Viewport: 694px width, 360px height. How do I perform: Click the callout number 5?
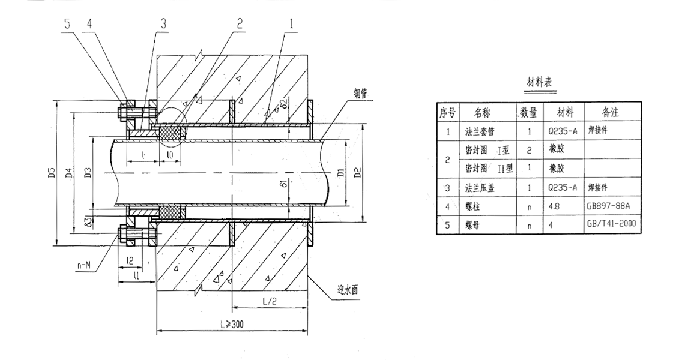pos(68,24)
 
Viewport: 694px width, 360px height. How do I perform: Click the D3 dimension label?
pos(88,173)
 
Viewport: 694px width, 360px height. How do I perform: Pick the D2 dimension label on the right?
pos(358,173)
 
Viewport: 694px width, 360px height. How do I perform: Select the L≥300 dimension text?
pos(231,325)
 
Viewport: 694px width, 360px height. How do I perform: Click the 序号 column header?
pos(448,112)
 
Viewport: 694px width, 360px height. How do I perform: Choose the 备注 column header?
pos(610,112)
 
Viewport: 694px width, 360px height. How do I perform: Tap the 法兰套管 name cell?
pos(482,130)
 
